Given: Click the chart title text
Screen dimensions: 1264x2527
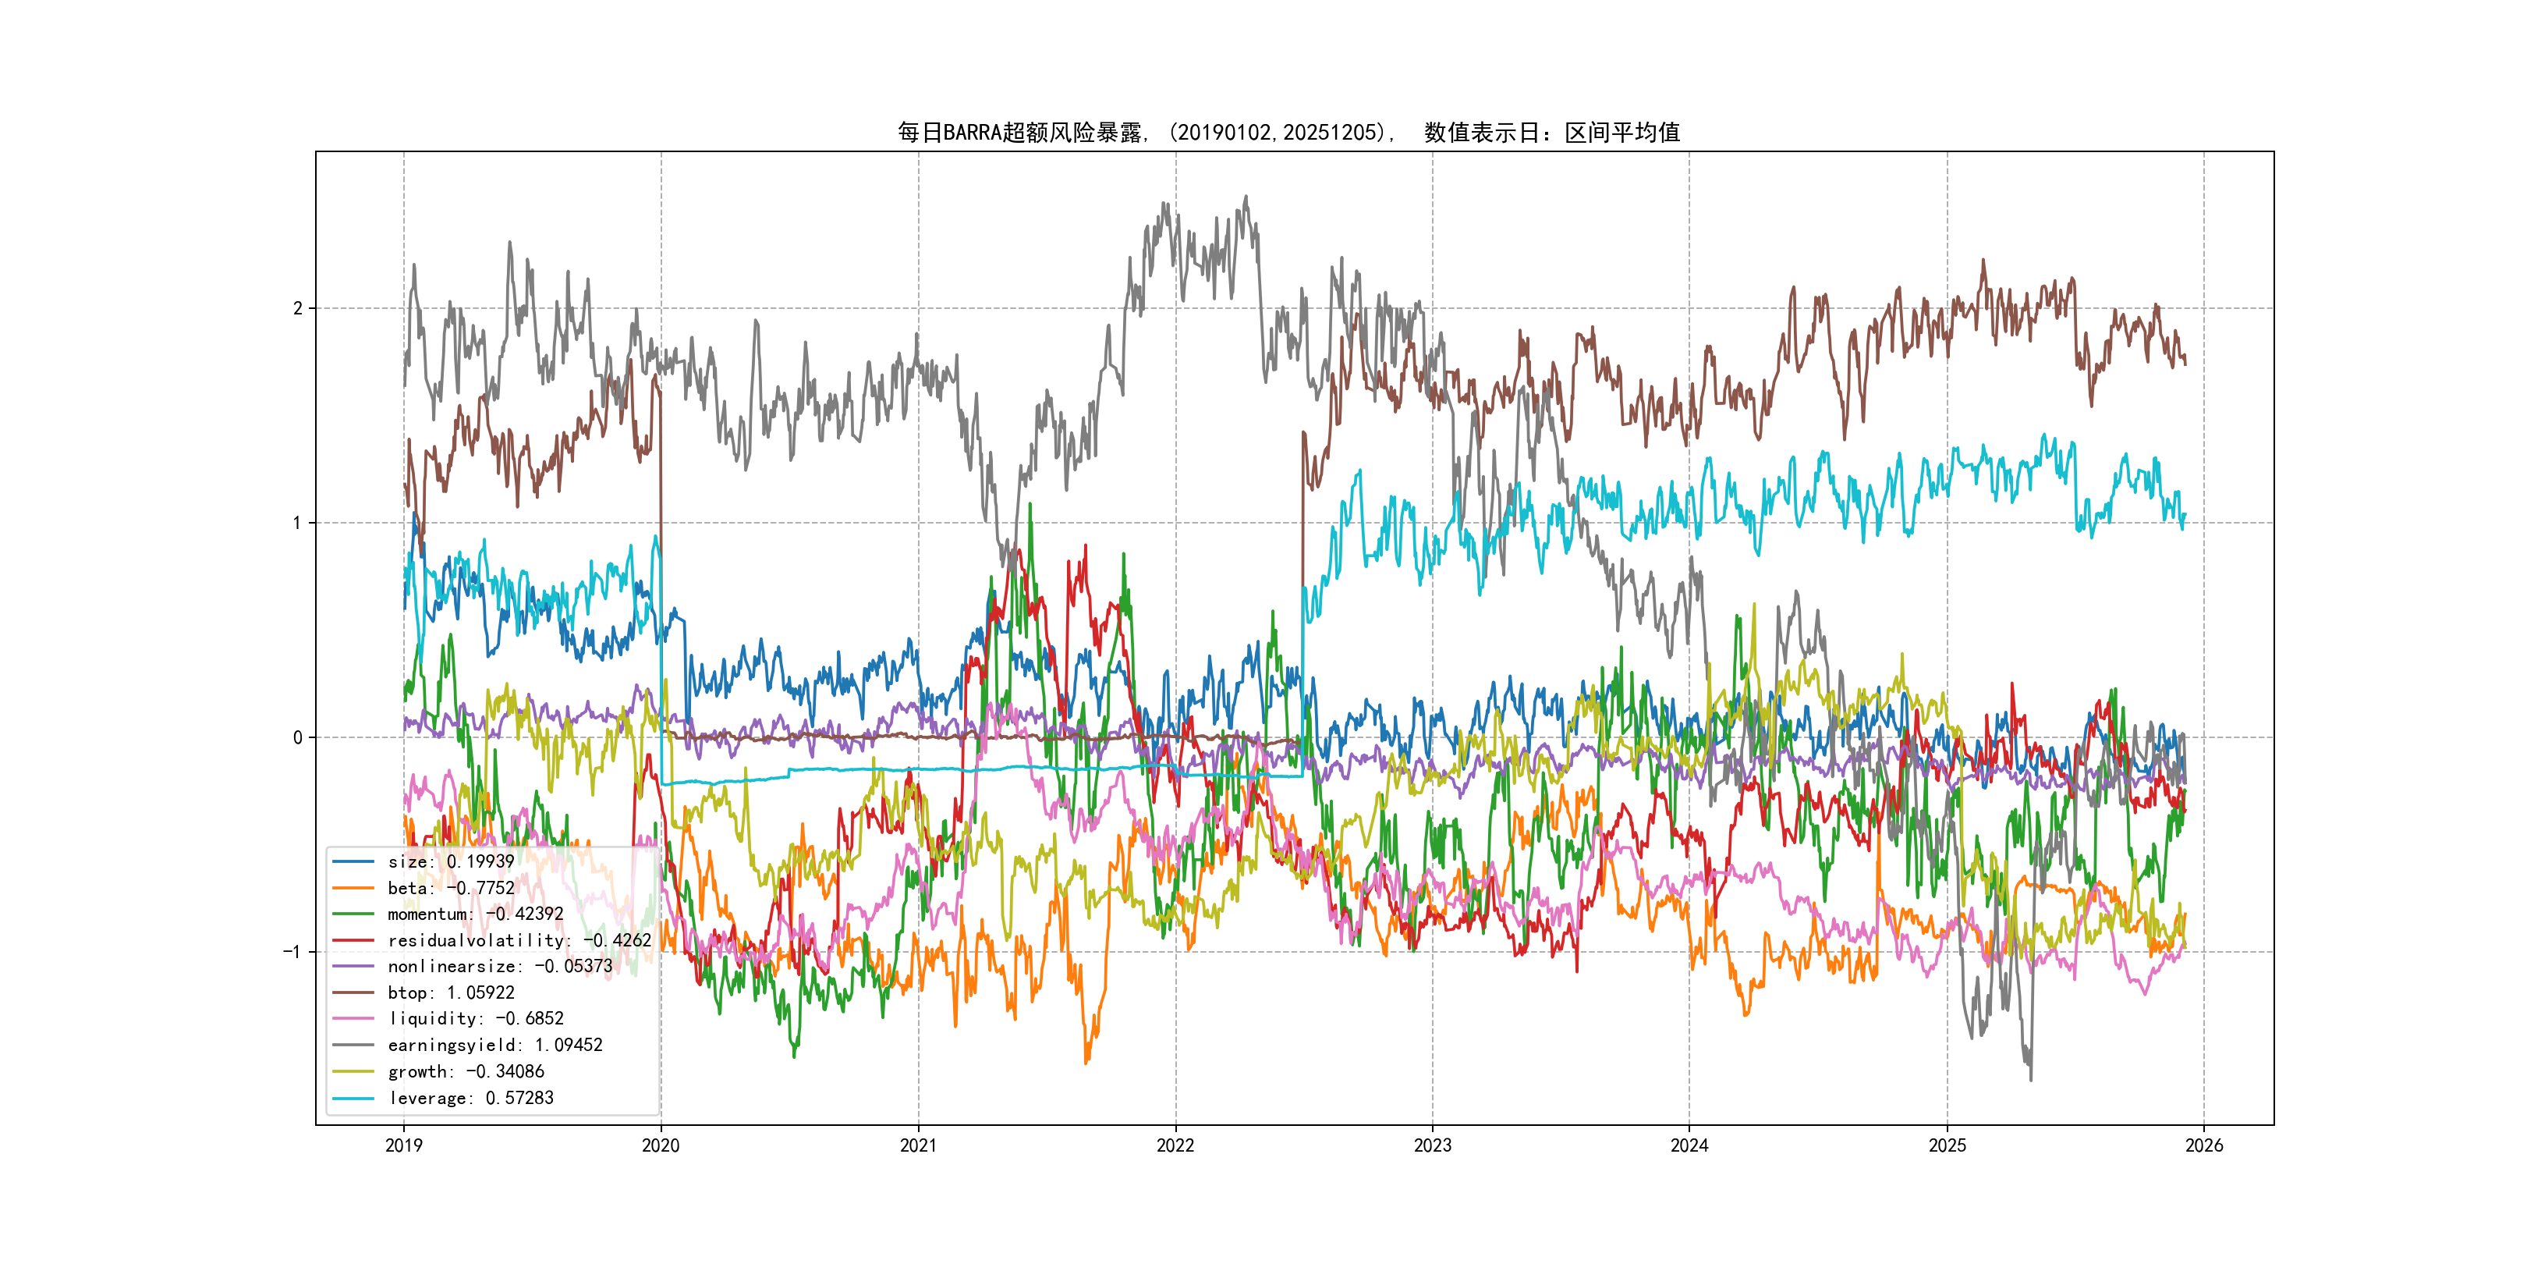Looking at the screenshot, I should pos(1288,133).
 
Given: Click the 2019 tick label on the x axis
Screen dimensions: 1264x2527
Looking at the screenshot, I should pos(403,1145).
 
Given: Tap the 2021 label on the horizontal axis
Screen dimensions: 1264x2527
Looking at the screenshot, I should pos(918,1145).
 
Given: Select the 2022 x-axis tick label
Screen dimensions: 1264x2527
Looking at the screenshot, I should pos(1175,1145).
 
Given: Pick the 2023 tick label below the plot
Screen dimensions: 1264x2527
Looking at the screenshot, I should pos(1432,1145).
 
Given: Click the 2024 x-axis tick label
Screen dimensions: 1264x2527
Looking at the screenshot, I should pos(1689,1145).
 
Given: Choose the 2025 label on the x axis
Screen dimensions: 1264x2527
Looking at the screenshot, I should pos(1948,1145).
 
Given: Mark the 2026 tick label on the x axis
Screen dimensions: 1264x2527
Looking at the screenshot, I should pos(2204,1145).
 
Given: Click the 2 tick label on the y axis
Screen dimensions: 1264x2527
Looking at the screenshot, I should pos(297,308).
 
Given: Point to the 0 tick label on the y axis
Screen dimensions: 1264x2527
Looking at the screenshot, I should pos(297,738).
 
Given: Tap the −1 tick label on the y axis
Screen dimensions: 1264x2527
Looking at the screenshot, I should pos(292,952).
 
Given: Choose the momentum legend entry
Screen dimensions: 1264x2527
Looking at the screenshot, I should pos(475,914).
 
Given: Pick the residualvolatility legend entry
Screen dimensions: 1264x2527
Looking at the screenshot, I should pos(519,940).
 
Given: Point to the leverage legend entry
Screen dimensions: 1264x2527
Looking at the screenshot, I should pos(471,1098).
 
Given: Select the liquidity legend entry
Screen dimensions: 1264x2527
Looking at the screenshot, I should pos(476,1019).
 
